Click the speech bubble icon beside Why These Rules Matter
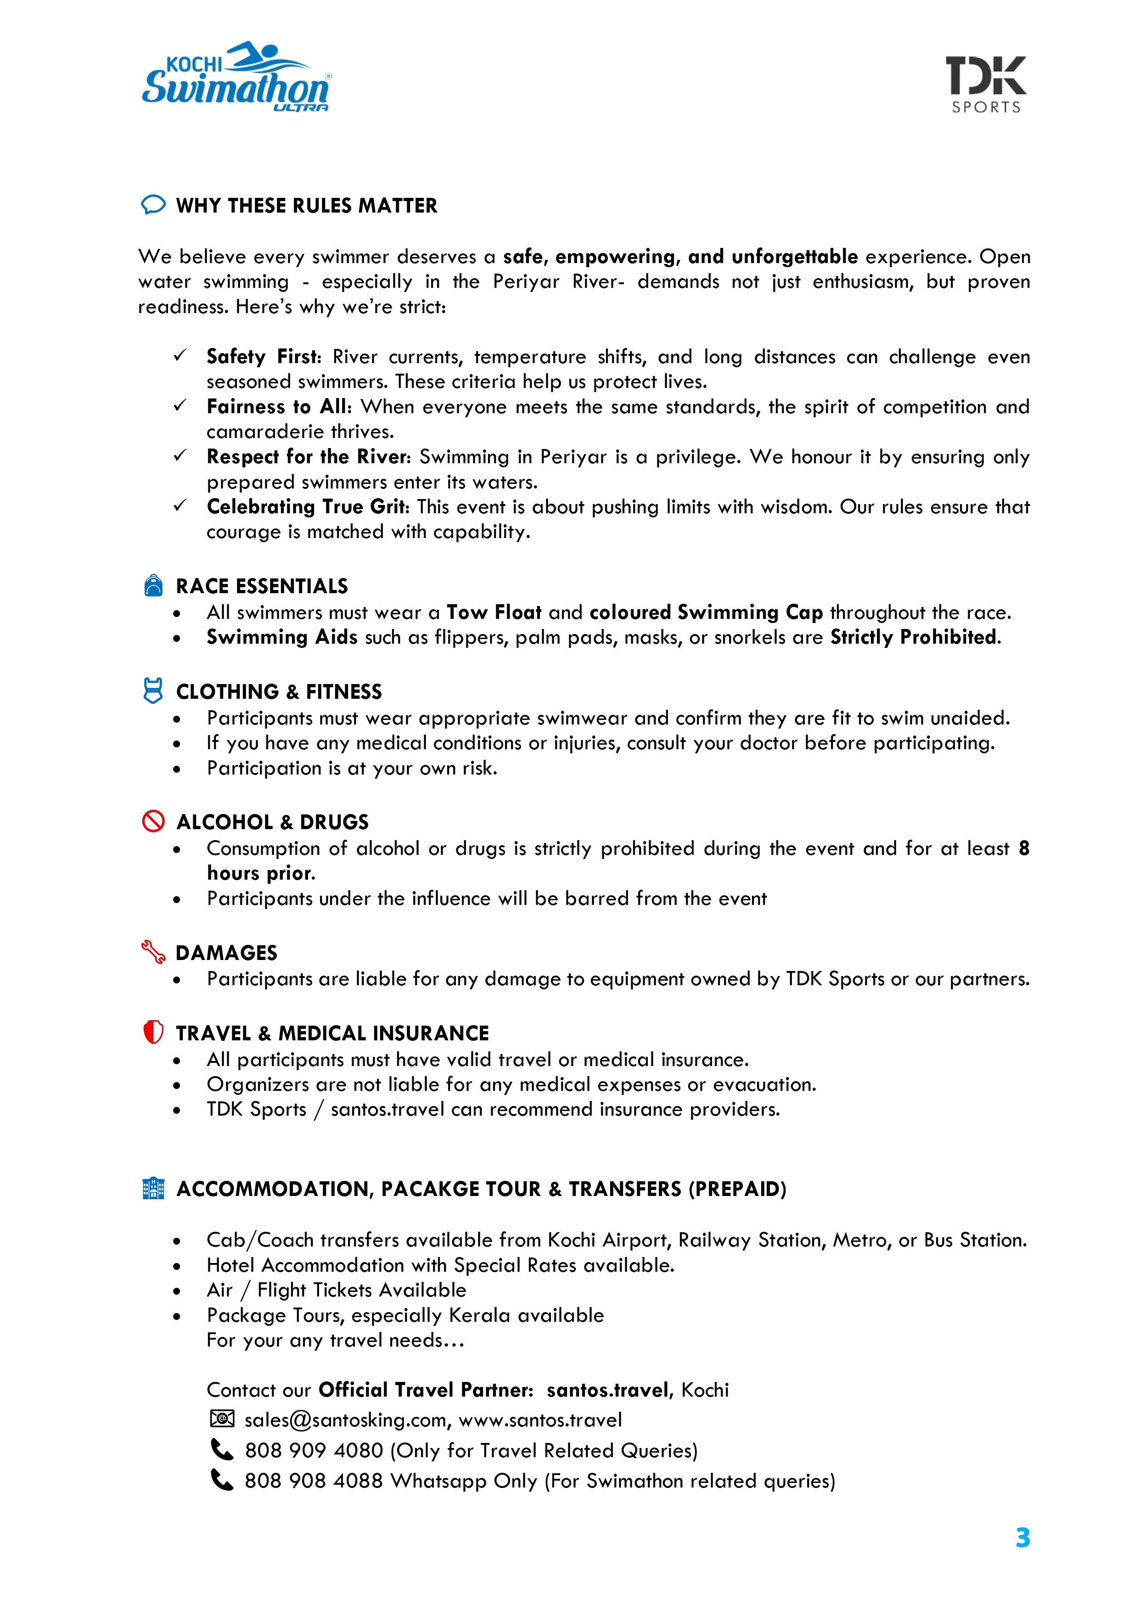pyautogui.click(x=153, y=204)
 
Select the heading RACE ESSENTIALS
pyautogui.click(x=262, y=586)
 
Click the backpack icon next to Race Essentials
pyautogui.click(x=153, y=585)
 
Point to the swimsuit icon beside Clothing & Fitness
pyautogui.click(x=153, y=690)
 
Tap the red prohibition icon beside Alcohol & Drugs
pyautogui.click(x=153, y=821)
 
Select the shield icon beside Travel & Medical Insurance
pyautogui.click(x=153, y=1032)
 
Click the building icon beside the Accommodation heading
pyautogui.click(x=153, y=1188)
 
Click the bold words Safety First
pyautogui.click(x=263, y=356)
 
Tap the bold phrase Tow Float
pyautogui.click(x=494, y=612)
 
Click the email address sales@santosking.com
pyautogui.click(x=345, y=1420)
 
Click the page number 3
pyautogui.click(x=1022, y=1538)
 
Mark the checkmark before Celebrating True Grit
pyautogui.click(x=180, y=505)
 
